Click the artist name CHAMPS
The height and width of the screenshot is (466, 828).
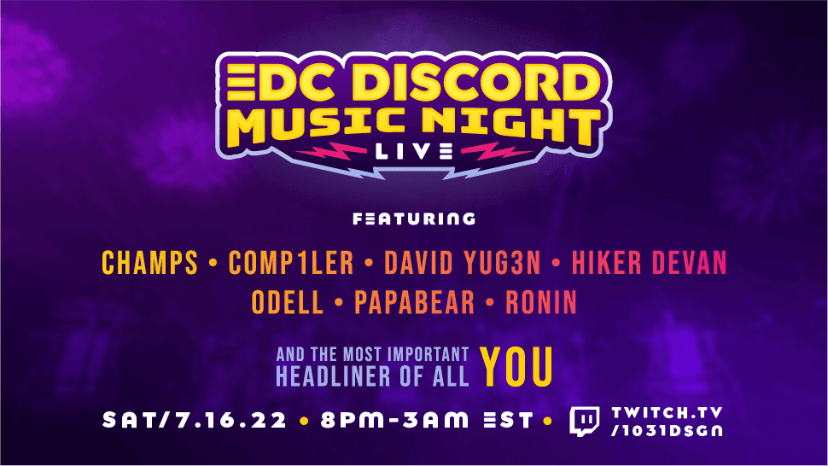click(149, 263)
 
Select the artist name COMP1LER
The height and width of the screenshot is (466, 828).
click(291, 263)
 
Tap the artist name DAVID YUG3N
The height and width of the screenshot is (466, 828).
click(463, 263)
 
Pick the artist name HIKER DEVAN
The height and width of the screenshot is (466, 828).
click(650, 263)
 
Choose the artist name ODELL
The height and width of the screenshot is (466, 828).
click(288, 302)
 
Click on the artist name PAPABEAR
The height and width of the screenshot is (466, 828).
click(415, 302)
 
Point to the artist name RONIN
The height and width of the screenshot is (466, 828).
click(541, 302)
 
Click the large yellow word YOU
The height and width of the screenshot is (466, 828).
click(516, 367)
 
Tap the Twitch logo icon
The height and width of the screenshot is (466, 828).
click(585, 421)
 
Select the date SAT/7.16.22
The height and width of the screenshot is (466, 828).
click(195, 421)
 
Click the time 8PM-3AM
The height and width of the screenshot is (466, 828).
click(394, 421)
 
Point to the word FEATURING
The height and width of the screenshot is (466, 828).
click(414, 218)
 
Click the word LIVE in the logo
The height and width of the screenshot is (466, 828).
click(414, 151)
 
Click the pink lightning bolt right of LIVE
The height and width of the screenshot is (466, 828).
click(497, 151)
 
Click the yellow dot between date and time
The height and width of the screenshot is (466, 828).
click(304, 421)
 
